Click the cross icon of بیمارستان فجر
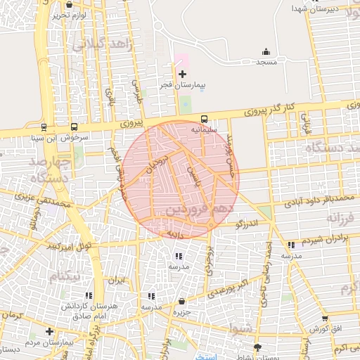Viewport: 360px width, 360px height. pyautogui.click(x=183, y=74)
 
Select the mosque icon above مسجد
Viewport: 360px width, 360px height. pyautogui.click(x=266, y=51)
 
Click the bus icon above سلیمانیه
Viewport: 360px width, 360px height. pyautogui.click(x=205, y=119)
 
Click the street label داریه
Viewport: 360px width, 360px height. pyautogui.click(x=174, y=231)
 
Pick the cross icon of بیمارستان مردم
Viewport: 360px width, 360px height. pyautogui.click(x=49, y=331)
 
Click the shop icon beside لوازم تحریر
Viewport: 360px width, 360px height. pyautogui.click(x=67, y=4)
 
